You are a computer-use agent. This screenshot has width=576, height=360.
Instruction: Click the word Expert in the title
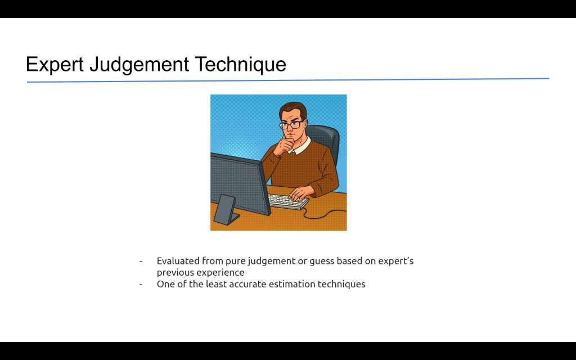tap(55, 64)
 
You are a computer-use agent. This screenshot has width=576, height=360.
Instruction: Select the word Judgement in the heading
tap(139, 65)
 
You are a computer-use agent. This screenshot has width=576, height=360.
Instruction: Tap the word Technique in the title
tap(240, 65)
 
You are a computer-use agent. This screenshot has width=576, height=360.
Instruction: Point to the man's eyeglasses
tap(291, 125)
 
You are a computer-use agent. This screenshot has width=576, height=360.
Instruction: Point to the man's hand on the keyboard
tap(302, 192)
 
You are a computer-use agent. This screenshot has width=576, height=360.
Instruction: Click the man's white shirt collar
tap(301, 146)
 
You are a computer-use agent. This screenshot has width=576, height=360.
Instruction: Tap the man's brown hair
tap(292, 110)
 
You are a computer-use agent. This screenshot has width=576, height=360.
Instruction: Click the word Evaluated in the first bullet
tap(178, 261)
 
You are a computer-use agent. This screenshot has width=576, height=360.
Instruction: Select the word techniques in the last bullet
tap(341, 285)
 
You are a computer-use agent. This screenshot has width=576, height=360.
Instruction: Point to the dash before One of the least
tap(141, 284)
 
